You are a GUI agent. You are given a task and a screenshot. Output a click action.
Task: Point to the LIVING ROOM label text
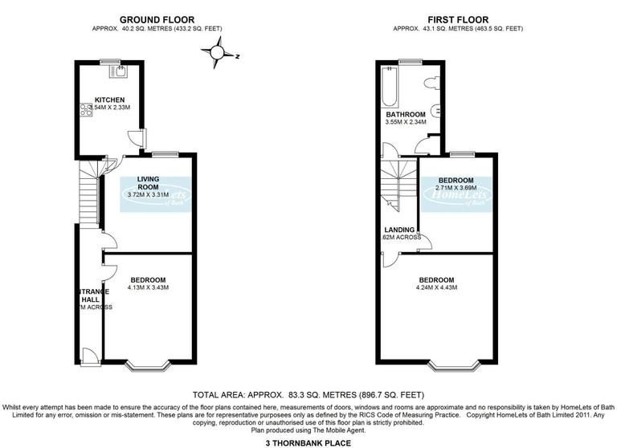149,183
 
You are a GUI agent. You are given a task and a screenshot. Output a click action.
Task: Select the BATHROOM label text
406,115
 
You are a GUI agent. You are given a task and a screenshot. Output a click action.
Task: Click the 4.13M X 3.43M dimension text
148,287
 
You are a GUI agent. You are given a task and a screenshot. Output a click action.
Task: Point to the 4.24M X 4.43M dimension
435,287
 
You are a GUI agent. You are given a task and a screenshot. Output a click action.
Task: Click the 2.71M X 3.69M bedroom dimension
455,188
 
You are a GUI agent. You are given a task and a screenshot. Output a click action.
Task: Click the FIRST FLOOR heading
458,18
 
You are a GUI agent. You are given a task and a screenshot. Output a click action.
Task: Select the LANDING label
399,230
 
